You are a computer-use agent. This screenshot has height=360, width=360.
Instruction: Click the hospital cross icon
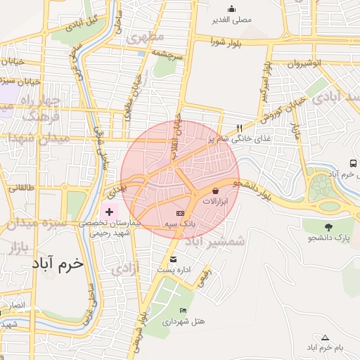pyautogui.click(x=109, y=211)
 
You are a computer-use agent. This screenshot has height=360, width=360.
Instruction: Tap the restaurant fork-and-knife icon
pyautogui.click(x=240, y=128)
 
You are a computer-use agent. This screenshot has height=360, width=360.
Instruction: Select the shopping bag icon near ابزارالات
pyautogui.click(x=214, y=190)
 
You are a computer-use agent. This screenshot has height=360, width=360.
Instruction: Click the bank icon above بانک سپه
pyautogui.click(x=181, y=212)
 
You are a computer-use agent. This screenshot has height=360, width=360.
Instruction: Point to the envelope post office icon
pyautogui.click(x=172, y=259)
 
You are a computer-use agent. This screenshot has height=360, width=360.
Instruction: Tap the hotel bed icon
pyautogui.click(x=184, y=310)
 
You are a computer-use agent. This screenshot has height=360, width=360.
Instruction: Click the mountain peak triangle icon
pyautogui.click(x=324, y=337)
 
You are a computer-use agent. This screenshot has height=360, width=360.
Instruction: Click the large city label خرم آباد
pyautogui.click(x=57, y=263)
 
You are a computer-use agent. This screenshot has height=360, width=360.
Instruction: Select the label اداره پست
pyautogui.click(x=172, y=270)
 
